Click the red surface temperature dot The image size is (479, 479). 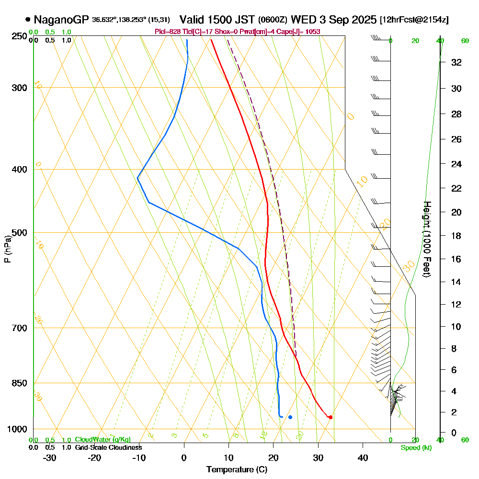pyautogui.click(x=331, y=417)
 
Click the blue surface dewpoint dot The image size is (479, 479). pyautogui.click(x=290, y=417)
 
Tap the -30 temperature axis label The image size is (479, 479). pyautogui.click(x=49, y=457)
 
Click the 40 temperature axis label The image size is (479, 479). pyautogui.click(x=363, y=457)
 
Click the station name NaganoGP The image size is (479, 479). pyautogui.click(x=61, y=20)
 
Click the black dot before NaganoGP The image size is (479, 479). pyautogui.click(x=28, y=20)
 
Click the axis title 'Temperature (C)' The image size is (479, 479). pyautogui.click(x=237, y=470)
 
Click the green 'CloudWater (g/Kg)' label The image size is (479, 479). pyautogui.click(x=103, y=440)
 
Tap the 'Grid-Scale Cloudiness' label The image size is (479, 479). pyautogui.click(x=108, y=447)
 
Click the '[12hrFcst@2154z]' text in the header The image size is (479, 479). pyautogui.click(x=414, y=20)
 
